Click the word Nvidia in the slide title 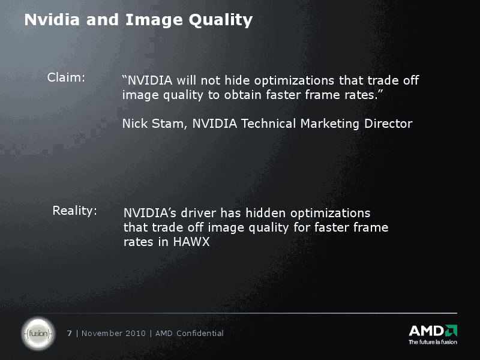coord(52,20)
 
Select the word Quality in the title coord(221,21)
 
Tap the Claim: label coord(66,77)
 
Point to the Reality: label coord(74,211)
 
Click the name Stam coord(169,124)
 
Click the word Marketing coord(330,124)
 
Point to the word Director coord(388,124)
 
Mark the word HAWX coord(191,242)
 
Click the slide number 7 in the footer coord(70,333)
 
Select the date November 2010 coord(113,333)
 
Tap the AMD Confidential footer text coord(190,333)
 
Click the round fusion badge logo coord(38,334)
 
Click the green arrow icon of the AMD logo coord(451,331)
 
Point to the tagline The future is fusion coord(433,342)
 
